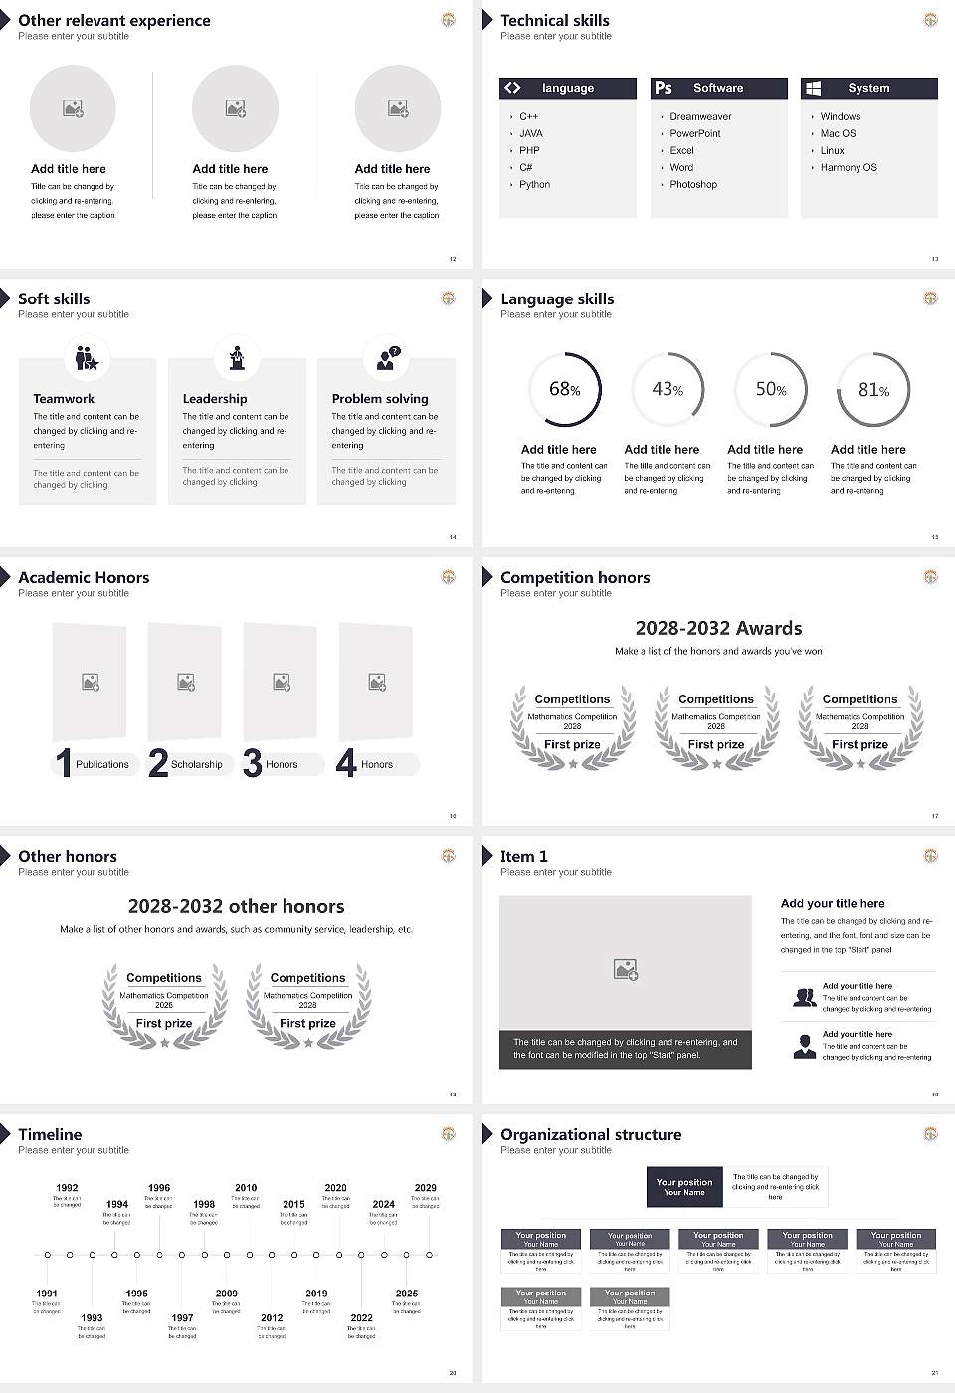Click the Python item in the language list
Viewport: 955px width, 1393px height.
point(534,185)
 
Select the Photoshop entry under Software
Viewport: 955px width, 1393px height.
point(692,185)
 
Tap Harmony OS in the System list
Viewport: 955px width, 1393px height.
point(849,168)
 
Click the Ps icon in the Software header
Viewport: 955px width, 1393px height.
point(664,88)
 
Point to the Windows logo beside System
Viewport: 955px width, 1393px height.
point(813,88)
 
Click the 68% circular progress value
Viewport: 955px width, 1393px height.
point(564,390)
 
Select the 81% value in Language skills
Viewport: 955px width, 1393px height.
point(873,390)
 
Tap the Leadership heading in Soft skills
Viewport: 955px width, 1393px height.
point(215,399)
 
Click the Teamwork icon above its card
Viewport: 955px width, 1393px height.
point(87,358)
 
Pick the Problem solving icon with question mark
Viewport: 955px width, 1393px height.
point(387,358)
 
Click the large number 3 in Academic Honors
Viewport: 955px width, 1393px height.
point(253,763)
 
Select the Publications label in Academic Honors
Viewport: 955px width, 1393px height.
point(102,765)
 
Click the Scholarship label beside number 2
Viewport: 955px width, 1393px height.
point(196,765)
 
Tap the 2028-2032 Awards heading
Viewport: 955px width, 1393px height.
point(718,629)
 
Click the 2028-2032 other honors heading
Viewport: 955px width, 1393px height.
point(236,907)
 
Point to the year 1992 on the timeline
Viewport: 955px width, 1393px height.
point(67,1188)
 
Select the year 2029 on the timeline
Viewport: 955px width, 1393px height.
point(425,1188)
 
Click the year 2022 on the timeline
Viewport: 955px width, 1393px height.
point(361,1318)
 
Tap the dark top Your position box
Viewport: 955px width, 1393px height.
point(684,1187)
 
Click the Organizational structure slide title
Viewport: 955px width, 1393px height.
point(591,1135)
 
